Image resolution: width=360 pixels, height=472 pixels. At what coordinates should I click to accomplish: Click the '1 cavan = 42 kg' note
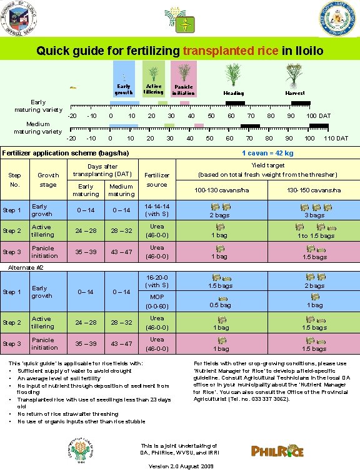267,152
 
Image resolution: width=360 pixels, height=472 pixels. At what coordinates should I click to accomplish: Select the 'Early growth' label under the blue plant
124,89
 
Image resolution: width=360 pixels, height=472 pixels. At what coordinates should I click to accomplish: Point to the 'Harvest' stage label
295,92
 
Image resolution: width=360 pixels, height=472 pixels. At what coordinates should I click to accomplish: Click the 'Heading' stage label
234,92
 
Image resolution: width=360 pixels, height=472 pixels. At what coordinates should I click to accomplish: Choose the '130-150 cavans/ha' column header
314,190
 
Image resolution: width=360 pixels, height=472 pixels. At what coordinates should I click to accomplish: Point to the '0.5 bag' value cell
219,305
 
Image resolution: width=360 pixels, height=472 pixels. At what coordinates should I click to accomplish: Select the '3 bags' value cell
314,215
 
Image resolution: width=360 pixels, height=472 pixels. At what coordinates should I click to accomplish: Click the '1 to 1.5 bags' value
314,236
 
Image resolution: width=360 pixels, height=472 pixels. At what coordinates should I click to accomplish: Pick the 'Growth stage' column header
48,180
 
